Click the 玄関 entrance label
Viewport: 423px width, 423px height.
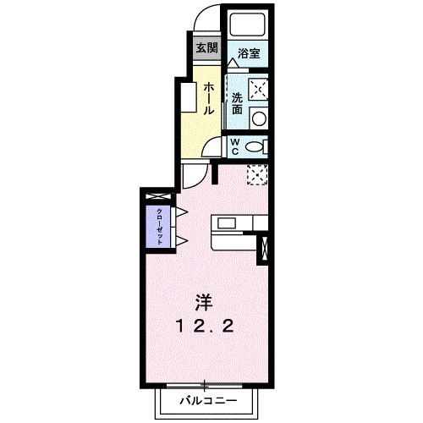coord(206,47)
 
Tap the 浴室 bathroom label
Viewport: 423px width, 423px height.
coord(248,53)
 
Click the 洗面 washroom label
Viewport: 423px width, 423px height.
coord(238,102)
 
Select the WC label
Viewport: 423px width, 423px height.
coord(235,146)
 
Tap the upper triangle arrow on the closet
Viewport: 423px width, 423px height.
coord(180,211)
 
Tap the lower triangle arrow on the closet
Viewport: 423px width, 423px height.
coord(180,242)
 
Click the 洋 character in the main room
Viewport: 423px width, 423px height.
coord(204,301)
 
